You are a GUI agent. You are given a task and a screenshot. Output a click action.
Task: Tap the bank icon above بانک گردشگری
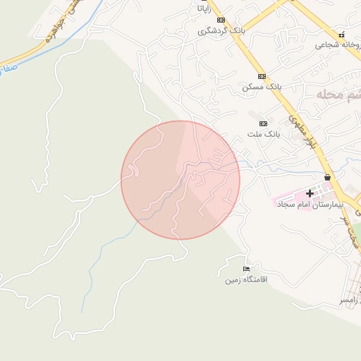(221, 20)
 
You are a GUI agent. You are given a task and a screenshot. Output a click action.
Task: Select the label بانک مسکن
(262, 87)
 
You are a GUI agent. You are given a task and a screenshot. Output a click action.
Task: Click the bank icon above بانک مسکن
(262, 76)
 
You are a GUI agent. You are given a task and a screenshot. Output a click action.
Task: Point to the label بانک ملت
(264, 133)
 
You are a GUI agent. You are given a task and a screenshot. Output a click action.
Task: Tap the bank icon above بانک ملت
(264, 123)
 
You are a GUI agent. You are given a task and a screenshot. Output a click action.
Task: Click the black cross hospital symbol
(309, 193)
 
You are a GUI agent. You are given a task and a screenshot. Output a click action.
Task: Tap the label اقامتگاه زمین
(246, 280)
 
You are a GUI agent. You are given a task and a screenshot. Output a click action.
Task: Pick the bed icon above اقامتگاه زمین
(246, 269)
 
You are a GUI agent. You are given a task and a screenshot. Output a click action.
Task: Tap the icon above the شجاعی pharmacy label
(342, 34)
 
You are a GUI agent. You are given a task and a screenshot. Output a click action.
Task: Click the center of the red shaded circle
(180, 180)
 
